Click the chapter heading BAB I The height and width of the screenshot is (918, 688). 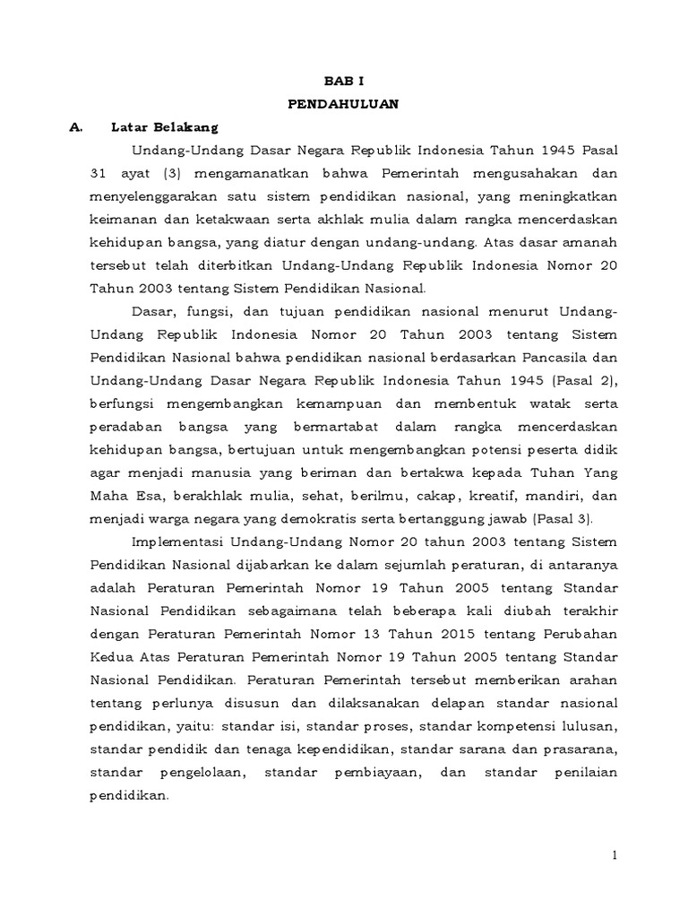point(344,80)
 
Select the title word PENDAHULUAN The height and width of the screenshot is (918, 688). point(344,103)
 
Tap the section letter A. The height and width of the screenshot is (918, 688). point(75,126)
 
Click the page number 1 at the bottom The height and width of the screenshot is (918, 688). point(615,857)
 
